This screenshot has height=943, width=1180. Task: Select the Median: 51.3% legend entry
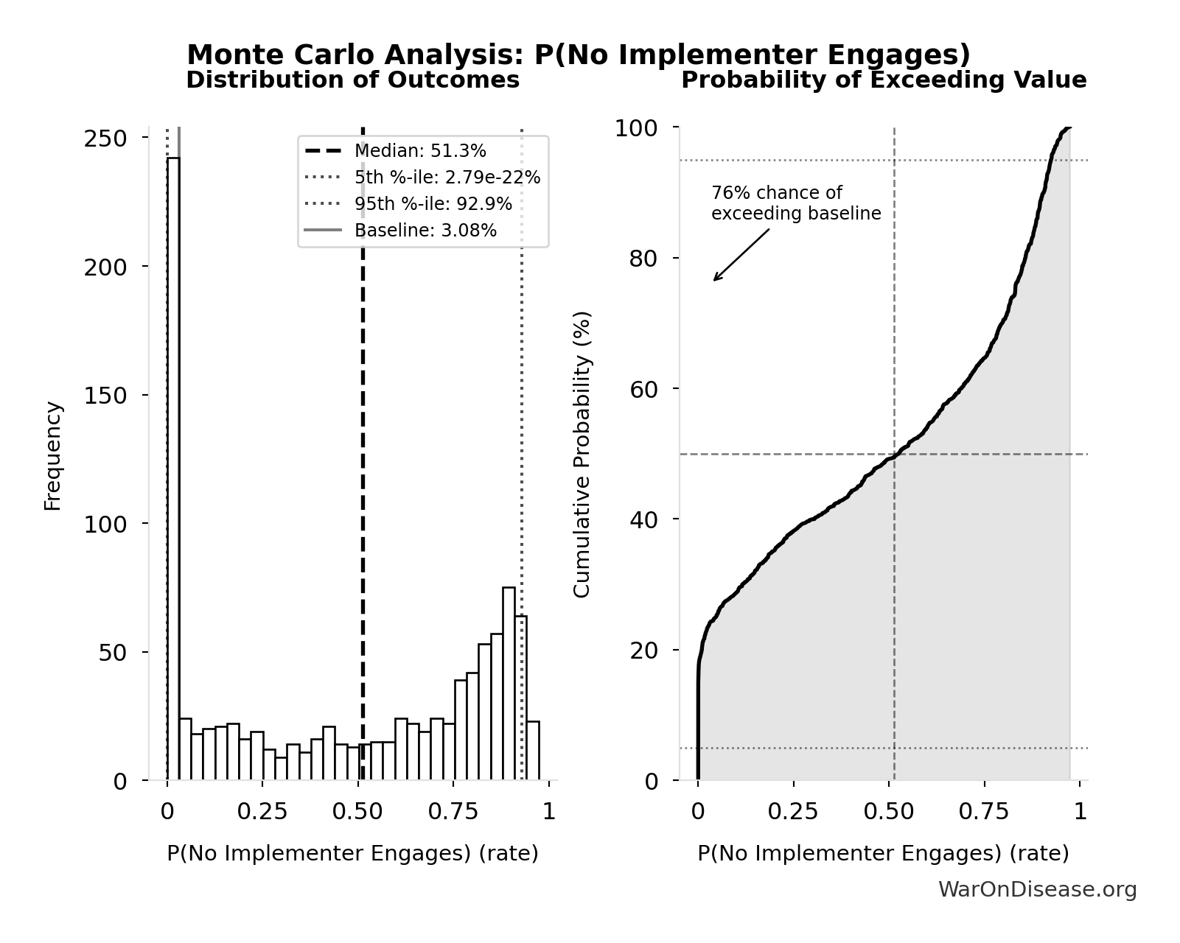420,151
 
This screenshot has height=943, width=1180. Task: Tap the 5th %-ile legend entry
447,178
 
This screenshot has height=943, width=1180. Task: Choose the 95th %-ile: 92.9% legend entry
433,204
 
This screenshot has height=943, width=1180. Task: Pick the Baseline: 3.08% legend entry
425,231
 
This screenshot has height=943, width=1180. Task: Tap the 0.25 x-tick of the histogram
262,812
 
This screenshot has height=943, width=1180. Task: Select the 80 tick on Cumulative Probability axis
643,259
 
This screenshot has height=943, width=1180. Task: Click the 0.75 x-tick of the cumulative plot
984,812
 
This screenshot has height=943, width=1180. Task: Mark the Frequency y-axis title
52,455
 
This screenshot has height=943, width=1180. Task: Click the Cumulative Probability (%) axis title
582,454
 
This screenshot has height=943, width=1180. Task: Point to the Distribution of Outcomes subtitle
352,80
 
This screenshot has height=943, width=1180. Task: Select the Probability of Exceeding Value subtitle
884,80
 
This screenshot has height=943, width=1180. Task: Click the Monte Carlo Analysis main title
579,55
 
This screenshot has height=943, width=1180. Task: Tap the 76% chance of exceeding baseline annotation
796,203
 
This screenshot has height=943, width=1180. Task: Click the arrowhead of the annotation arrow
715,280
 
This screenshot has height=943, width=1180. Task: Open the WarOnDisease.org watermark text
1037,890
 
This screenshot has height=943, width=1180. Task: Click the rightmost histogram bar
533,751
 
